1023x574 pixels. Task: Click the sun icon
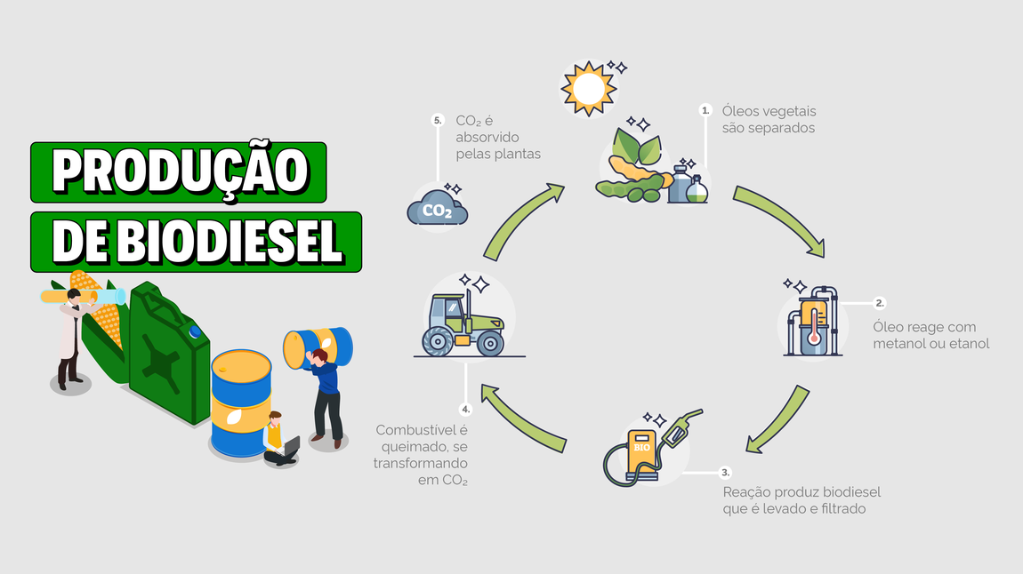point(588,88)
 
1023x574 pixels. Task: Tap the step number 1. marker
point(705,111)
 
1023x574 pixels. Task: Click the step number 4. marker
point(465,410)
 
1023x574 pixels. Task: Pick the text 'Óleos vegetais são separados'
point(769,120)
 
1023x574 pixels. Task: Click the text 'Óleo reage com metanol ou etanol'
point(930,335)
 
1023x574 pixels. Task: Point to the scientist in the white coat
point(68,339)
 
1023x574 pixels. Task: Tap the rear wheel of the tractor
point(439,342)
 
